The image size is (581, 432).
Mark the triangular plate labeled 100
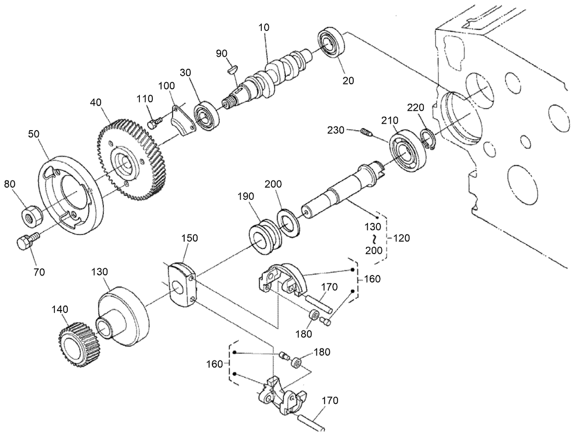pos(181,122)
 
